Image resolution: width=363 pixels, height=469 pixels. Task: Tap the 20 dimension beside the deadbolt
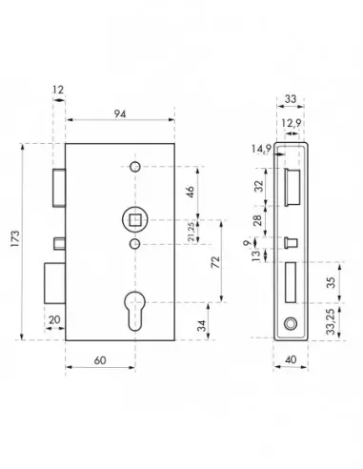tap(52, 319)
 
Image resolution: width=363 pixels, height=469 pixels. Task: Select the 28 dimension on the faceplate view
tap(257, 220)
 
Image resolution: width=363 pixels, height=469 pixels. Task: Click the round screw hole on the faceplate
tap(291, 325)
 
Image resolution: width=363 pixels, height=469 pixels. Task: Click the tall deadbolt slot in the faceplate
tap(291, 284)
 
